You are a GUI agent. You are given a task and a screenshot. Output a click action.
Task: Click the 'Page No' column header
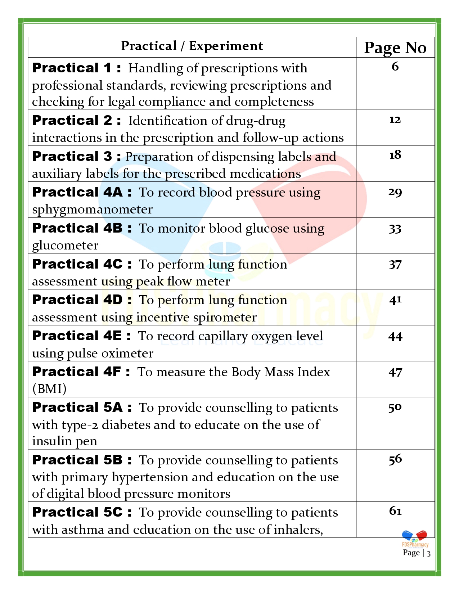[x=395, y=48]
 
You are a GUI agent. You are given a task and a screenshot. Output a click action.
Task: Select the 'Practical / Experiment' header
[x=192, y=46]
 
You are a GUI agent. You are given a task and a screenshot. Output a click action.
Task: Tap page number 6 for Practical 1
[x=395, y=67]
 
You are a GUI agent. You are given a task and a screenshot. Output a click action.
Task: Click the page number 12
[x=395, y=120]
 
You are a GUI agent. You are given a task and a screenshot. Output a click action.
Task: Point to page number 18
[x=395, y=155]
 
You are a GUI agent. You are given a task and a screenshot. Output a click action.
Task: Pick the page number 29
[x=395, y=192]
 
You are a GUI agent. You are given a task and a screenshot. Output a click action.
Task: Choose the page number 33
[x=395, y=229]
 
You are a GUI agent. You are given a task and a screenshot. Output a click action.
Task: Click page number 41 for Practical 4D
[x=395, y=300]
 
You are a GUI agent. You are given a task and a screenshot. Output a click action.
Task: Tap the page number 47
[x=395, y=372]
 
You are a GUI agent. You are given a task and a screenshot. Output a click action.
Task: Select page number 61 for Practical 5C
[x=395, y=511]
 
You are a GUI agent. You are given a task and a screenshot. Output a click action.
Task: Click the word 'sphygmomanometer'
[x=92, y=210]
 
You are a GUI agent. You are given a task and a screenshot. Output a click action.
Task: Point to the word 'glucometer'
[x=65, y=246]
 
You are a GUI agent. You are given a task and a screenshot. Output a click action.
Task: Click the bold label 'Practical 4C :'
[x=82, y=264]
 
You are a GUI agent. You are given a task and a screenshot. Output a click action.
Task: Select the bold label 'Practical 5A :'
[x=82, y=408]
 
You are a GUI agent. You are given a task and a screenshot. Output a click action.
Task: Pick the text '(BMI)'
[x=49, y=389]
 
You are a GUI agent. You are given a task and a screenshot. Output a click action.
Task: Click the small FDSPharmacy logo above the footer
[x=415, y=539]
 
